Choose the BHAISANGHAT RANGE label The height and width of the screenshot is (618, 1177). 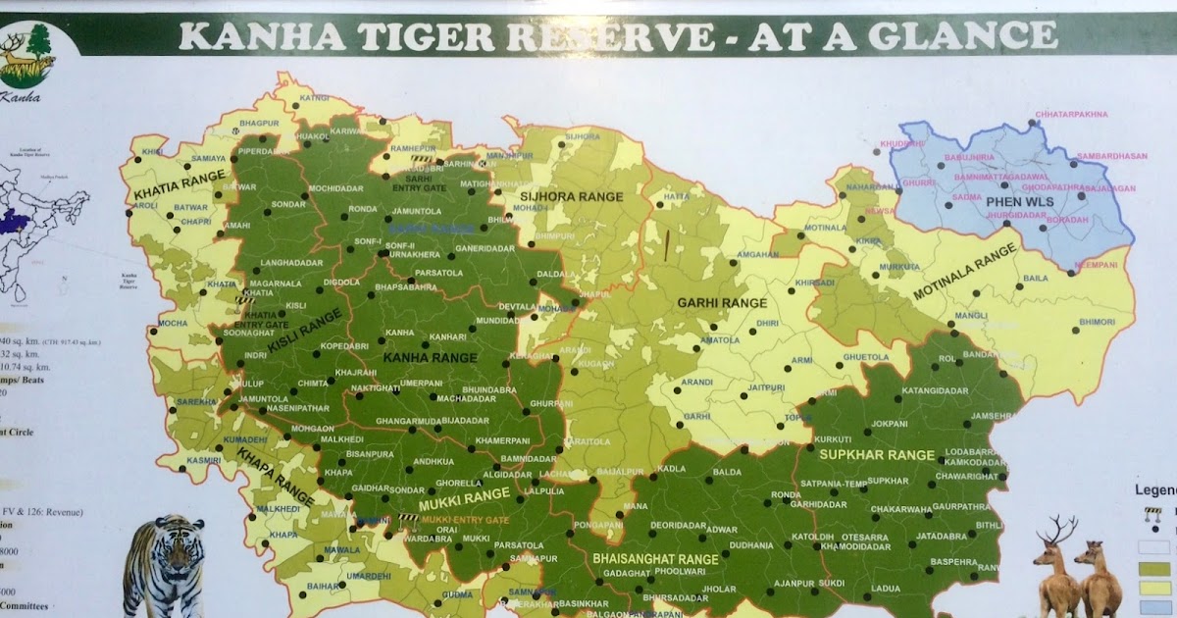(x=655, y=558)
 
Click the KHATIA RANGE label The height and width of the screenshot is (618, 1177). (x=169, y=184)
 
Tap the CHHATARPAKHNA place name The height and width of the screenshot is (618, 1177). (x=1071, y=115)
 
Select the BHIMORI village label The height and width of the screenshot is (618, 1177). (x=1097, y=322)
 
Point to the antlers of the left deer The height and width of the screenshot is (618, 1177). (x=1058, y=531)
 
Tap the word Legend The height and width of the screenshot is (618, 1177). (x=1154, y=490)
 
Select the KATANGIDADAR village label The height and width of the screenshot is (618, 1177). (x=907, y=390)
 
